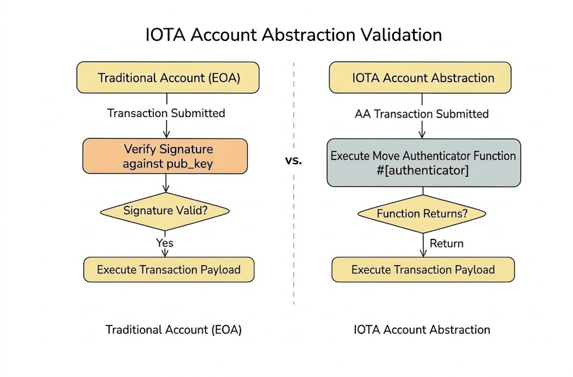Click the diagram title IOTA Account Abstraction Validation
point(293,35)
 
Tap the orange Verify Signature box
point(165,157)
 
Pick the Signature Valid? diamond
point(165,211)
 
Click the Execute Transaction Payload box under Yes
point(168,270)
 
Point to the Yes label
point(165,243)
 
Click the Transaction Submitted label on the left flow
point(166,113)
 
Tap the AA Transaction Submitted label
point(422,114)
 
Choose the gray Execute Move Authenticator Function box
point(424,163)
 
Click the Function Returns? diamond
point(422,214)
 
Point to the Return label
point(447,243)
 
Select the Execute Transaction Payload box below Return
point(423,270)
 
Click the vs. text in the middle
point(293,161)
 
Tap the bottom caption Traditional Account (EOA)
point(173,329)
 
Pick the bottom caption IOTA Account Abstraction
point(422,329)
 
